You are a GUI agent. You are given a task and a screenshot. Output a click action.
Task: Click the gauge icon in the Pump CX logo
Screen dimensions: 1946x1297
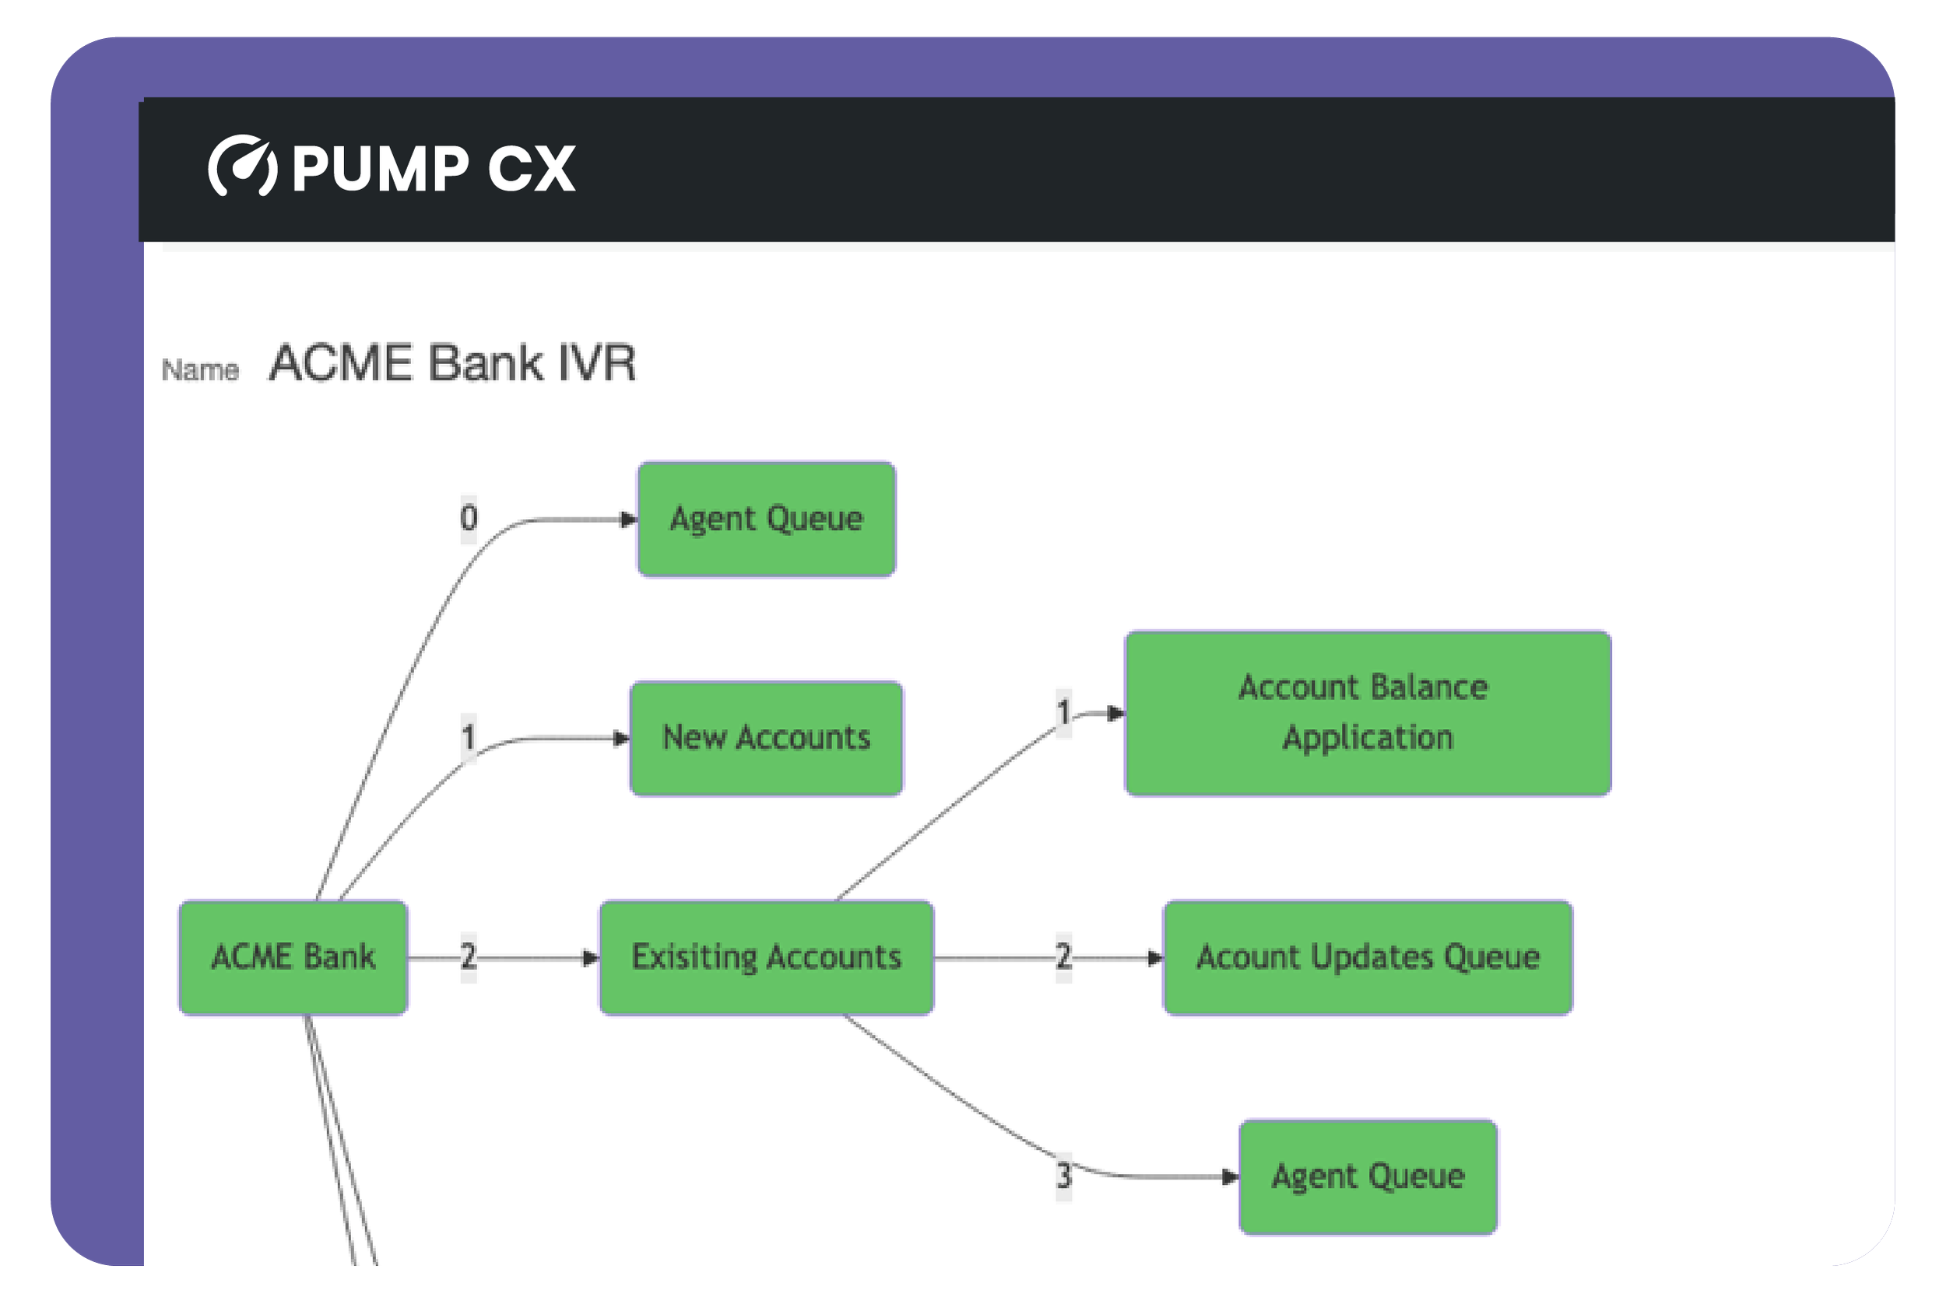[242, 166]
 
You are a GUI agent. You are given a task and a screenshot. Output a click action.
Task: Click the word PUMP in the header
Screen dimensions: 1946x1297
[381, 169]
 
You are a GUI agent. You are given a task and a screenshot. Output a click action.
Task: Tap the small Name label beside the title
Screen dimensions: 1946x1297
[200, 370]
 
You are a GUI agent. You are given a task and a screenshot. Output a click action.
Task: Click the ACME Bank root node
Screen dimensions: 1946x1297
[293, 957]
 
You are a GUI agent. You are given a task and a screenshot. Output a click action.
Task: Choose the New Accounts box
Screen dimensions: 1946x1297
[766, 738]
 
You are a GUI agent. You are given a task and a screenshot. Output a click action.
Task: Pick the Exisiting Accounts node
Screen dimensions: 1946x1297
[766, 957]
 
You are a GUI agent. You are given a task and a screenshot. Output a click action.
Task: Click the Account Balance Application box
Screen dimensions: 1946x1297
[1368, 713]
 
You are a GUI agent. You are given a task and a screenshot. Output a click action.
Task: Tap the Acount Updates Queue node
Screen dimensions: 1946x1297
[1368, 957]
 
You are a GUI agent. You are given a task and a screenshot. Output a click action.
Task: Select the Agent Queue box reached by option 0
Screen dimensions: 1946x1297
[766, 519]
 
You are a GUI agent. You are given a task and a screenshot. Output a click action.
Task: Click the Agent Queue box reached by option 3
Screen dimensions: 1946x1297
[1368, 1176]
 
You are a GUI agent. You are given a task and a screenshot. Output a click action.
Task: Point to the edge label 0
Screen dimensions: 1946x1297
[469, 518]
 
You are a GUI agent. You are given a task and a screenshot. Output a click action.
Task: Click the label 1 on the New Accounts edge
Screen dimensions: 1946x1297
[469, 737]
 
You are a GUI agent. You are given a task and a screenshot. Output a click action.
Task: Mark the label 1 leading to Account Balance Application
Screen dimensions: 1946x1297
[1064, 712]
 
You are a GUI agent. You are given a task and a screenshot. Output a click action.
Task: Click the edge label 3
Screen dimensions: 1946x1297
[1064, 1176]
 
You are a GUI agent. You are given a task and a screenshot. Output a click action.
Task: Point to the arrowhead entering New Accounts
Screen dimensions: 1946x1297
[621, 738]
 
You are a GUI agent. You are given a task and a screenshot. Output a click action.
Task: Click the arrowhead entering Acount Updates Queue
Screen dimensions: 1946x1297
[1155, 958]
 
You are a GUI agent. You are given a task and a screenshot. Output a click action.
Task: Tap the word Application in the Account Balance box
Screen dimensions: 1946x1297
[1368, 738]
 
